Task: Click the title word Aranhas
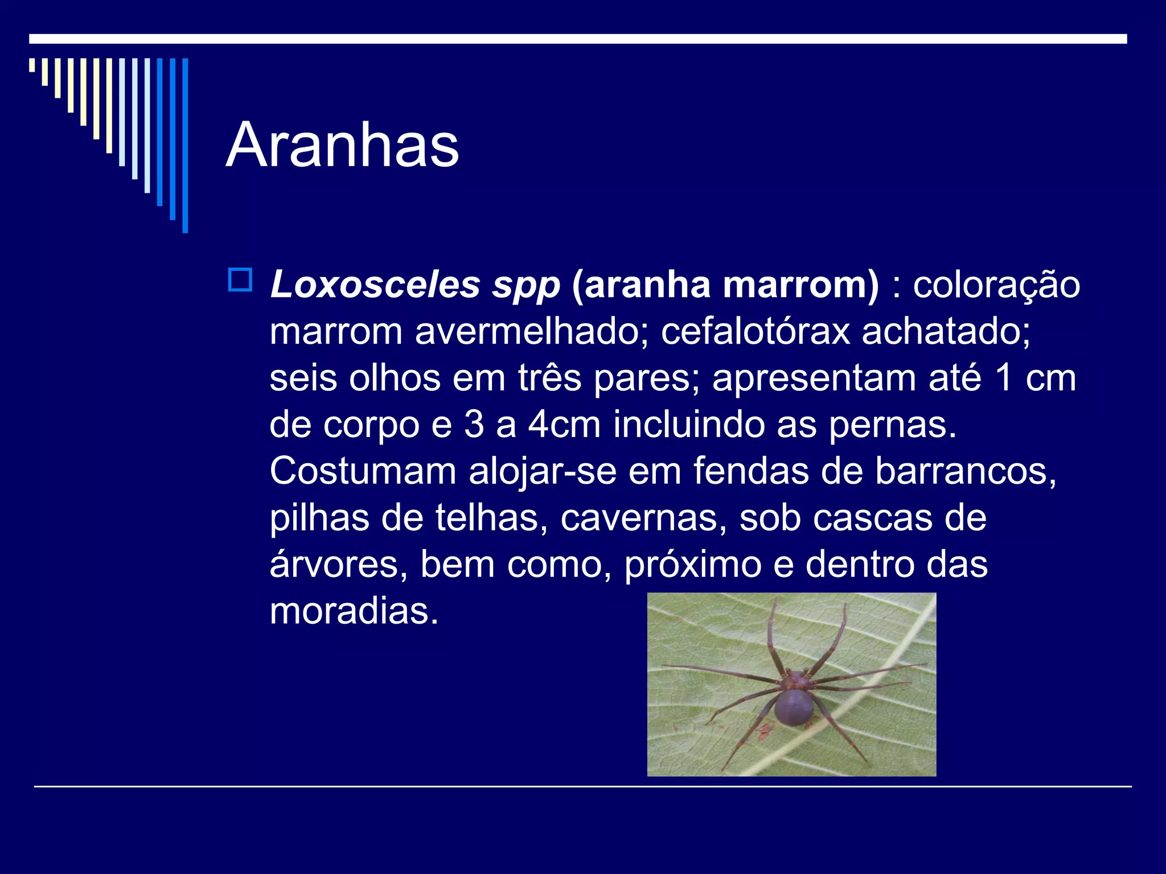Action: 342,146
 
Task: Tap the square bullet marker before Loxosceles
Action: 240,280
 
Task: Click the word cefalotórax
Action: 755,331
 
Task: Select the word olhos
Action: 395,378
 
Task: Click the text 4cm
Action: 564,424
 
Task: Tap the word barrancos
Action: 965,471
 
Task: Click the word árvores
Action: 338,564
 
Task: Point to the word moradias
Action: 354,611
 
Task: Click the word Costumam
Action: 363,471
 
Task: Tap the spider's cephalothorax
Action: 797,679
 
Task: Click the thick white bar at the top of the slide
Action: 578,39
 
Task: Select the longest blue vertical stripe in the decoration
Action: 185,145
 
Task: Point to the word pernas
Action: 892,424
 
